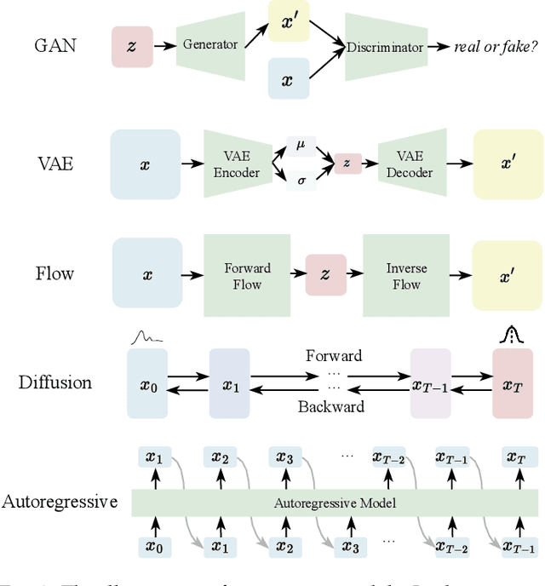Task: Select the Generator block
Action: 209,44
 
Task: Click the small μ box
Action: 300,145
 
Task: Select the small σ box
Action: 300,181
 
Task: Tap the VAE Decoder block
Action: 410,164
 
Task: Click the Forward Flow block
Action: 247,275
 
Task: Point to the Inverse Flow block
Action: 406,275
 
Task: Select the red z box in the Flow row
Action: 324,274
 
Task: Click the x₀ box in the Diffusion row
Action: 148,385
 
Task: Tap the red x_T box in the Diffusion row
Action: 512,385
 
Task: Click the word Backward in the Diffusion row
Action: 331,407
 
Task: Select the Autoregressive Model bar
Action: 335,503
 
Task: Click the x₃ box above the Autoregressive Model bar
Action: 284,458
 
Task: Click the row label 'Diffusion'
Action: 55,382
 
